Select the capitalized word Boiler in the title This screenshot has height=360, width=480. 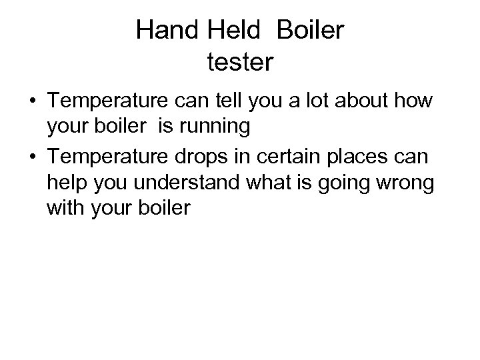pyautogui.click(x=309, y=31)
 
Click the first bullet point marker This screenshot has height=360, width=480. pyautogui.click(x=32, y=103)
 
